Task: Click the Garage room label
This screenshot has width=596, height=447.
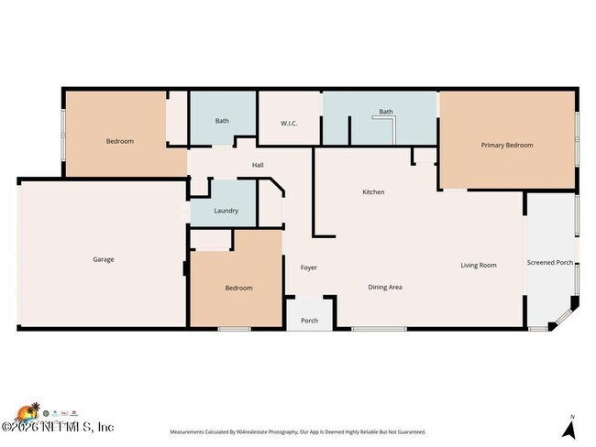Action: click(x=103, y=259)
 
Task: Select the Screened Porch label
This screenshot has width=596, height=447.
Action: click(x=550, y=263)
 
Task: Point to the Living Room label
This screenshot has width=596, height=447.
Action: click(x=478, y=266)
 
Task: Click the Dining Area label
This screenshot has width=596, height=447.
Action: click(x=385, y=287)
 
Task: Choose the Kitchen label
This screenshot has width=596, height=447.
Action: click(x=373, y=192)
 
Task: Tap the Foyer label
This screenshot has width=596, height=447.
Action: click(x=309, y=267)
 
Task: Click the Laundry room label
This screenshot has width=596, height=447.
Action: click(x=226, y=211)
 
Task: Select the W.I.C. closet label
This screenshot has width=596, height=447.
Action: click(x=288, y=124)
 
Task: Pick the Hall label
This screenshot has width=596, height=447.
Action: click(x=259, y=166)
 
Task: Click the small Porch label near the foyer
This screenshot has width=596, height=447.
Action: click(x=309, y=321)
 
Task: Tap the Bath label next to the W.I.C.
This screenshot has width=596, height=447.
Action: click(x=222, y=121)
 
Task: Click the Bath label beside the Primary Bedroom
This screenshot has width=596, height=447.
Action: click(x=386, y=113)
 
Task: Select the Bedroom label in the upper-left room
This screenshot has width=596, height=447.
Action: click(x=119, y=141)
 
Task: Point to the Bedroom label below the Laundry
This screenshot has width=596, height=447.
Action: click(x=238, y=288)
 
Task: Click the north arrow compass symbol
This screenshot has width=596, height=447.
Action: click(x=569, y=427)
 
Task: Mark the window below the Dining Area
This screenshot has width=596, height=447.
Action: click(x=379, y=328)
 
